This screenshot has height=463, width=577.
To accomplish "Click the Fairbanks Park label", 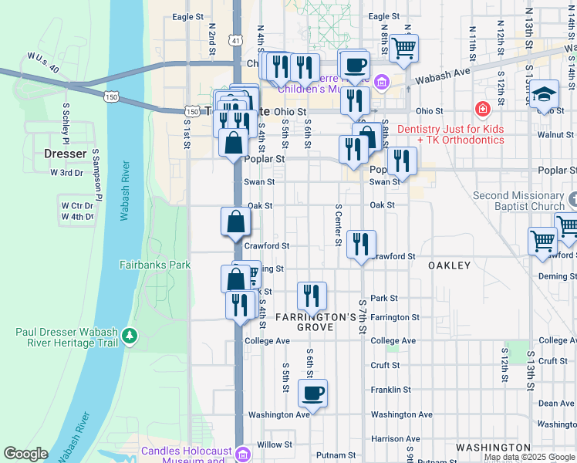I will (155, 265).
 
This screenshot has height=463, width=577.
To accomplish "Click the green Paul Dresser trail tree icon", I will (130, 335).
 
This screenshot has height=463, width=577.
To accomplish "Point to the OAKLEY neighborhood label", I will (449, 265).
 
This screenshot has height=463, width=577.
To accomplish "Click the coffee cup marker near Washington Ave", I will (312, 393).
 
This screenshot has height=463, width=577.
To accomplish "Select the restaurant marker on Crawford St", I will (361, 245).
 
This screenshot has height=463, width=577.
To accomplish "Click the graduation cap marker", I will (545, 93).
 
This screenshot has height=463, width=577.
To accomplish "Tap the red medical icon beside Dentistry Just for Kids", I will (483, 110).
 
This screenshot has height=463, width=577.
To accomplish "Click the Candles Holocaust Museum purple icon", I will (244, 452).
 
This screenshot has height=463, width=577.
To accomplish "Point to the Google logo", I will (25, 454).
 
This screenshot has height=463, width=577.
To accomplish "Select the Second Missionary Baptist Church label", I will (519, 201).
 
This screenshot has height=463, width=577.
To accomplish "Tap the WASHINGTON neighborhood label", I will (492, 447).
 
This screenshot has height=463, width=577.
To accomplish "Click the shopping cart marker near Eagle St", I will (403, 48).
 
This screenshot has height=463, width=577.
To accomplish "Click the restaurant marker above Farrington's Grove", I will (312, 296).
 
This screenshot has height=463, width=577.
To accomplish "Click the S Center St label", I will (337, 225).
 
